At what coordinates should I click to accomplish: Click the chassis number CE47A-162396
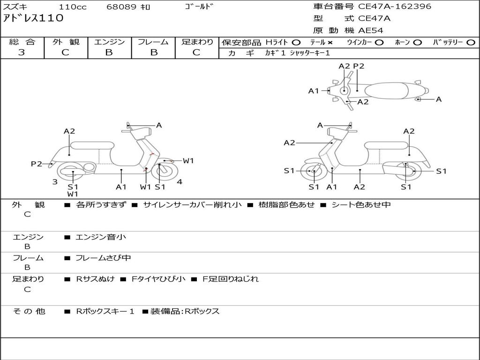[x=395, y=7]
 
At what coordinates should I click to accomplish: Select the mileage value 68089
[x=122, y=7]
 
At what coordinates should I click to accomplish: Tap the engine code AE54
[x=371, y=30]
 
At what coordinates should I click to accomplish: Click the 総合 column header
[x=22, y=42]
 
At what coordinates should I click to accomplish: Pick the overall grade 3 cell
[x=22, y=52]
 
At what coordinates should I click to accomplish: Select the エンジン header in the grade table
[x=109, y=42]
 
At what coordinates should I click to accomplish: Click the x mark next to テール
[x=330, y=43]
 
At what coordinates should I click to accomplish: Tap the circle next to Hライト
[x=296, y=43]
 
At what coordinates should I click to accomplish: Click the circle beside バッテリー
[x=471, y=43]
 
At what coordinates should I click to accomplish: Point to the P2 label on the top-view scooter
[x=359, y=66]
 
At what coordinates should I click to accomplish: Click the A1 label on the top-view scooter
[x=313, y=91]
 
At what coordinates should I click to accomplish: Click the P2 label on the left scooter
[x=36, y=164]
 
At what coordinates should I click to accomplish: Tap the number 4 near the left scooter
[x=180, y=182]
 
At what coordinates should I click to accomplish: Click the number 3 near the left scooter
[x=55, y=182]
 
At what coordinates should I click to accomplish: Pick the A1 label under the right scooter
[x=332, y=187]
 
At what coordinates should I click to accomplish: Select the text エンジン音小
[x=101, y=237]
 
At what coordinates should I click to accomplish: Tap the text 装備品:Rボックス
[x=185, y=311]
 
